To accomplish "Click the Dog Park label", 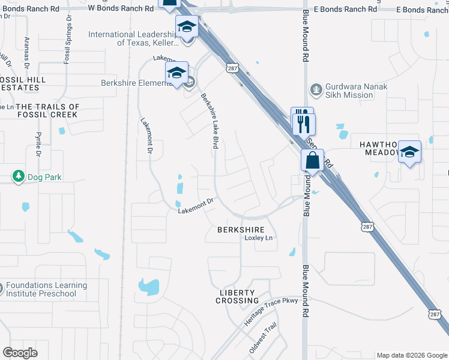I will (44, 177).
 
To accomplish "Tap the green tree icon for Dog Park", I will (19, 176).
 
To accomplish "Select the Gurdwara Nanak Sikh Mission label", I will (357, 91).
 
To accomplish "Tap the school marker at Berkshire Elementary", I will (176, 73).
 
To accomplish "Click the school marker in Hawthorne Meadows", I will (409, 152).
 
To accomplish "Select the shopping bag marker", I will (312, 161).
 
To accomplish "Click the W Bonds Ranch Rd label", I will (121, 9).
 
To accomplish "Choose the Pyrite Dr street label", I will (38, 145).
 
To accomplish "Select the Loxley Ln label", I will (259, 238).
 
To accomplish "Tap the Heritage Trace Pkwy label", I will (271, 312).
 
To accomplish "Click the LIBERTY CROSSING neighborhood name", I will (238, 296).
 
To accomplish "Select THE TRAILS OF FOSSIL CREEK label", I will (47, 110).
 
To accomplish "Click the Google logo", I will (20, 353).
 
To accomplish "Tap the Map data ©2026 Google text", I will (412, 355).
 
